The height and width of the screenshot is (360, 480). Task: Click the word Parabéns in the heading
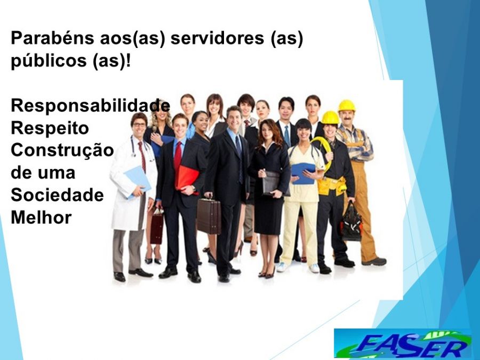pyautogui.click(x=52, y=38)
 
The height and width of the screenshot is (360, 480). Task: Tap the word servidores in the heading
pyautogui.click(x=217, y=38)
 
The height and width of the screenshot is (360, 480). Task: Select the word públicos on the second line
pyautogui.click(x=49, y=61)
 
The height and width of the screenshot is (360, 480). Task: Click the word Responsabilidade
pyautogui.click(x=90, y=105)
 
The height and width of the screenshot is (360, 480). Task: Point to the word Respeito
pyautogui.click(x=50, y=128)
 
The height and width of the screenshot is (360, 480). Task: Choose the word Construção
pyautogui.click(x=62, y=150)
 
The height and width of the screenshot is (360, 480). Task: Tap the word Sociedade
pyautogui.click(x=57, y=195)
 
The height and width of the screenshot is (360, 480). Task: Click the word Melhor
pyautogui.click(x=41, y=218)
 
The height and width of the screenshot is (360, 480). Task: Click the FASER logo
pyautogui.click(x=403, y=343)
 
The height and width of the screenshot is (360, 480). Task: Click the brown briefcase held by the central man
pyautogui.click(x=209, y=216)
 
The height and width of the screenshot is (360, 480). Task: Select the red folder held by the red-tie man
pyautogui.click(x=187, y=178)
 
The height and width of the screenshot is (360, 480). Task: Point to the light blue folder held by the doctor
pyautogui.click(x=137, y=182)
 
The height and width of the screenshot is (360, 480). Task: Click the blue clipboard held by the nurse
pyautogui.click(x=303, y=173)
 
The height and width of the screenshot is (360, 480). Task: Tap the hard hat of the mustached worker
pyautogui.click(x=347, y=106)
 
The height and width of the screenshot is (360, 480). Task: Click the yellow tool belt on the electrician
pyautogui.click(x=331, y=186)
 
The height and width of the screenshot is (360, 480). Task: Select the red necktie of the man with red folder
pyautogui.click(x=178, y=155)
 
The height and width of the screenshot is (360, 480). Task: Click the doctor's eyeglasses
pyautogui.click(x=139, y=125)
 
